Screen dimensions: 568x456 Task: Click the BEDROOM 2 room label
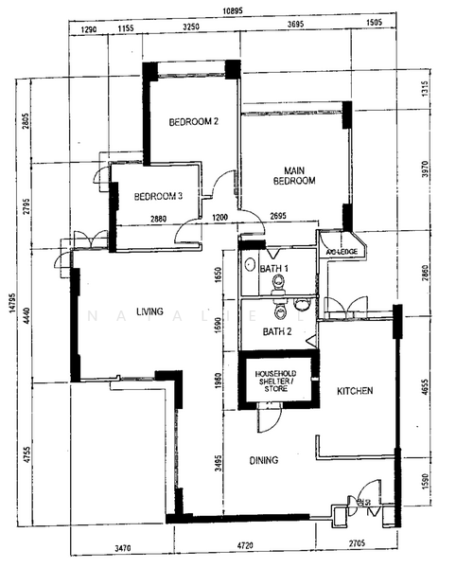(194, 122)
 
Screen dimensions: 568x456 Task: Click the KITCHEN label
(354, 390)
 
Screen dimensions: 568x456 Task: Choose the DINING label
(264, 461)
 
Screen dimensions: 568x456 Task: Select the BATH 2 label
(275, 331)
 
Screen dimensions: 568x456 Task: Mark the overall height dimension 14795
(12, 318)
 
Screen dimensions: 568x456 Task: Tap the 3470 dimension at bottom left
(118, 546)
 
